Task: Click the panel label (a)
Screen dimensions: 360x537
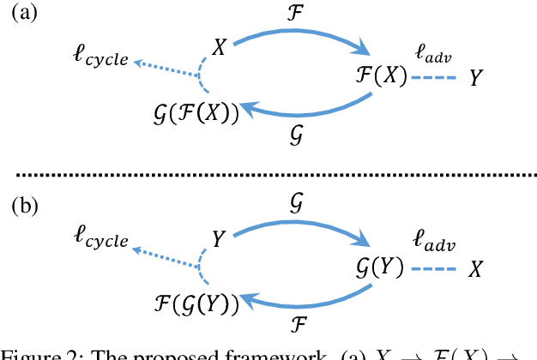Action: [23, 15]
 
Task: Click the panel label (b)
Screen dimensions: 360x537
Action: [23, 205]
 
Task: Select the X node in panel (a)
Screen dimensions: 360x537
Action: [220, 47]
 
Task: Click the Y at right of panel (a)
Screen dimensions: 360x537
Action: [474, 79]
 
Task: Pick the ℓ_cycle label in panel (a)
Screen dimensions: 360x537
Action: [100, 60]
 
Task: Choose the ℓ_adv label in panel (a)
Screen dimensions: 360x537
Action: [433, 51]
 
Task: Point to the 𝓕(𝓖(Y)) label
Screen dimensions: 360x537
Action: [197, 301]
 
